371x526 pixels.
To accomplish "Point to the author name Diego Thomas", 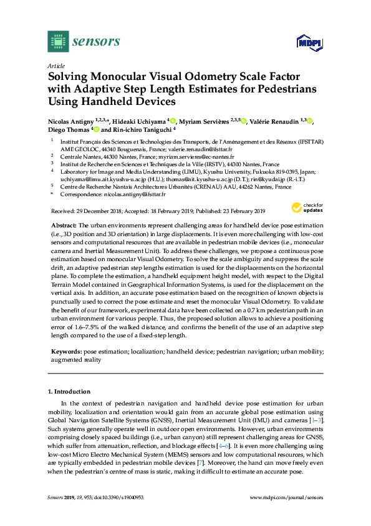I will click(x=69, y=130).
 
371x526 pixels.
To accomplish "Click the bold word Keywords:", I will click(x=65, y=353).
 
